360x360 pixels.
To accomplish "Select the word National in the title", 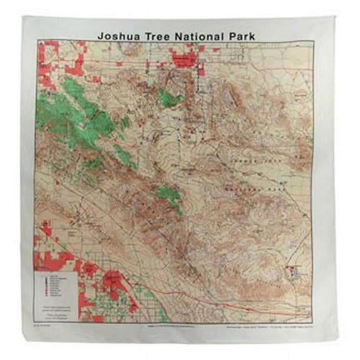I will coord(202,36).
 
